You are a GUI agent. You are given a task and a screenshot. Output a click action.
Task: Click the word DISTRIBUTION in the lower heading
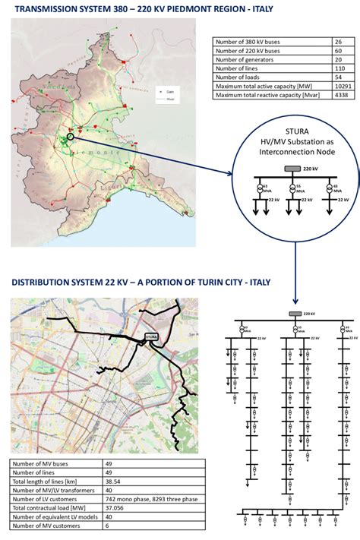click(x=46, y=284)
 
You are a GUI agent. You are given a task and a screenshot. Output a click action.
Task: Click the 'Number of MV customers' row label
click(x=47, y=524)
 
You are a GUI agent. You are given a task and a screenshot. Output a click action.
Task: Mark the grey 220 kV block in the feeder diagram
click(x=292, y=314)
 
